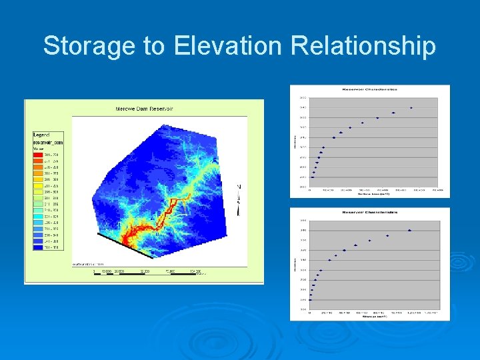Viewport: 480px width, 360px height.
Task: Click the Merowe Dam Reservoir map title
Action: coord(145,108)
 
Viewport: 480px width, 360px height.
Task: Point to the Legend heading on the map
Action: coord(42,135)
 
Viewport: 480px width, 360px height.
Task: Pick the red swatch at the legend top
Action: coord(38,155)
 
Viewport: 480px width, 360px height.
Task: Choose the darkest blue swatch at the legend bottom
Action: coord(38,247)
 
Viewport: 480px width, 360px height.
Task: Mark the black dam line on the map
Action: coord(123,244)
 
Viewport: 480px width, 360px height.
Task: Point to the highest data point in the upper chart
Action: coord(411,107)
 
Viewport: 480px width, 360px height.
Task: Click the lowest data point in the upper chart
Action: coord(311,177)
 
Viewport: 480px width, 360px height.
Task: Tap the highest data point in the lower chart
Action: coord(409,231)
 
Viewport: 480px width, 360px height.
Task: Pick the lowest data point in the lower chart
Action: coord(310,299)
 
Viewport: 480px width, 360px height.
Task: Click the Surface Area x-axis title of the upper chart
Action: coord(371,194)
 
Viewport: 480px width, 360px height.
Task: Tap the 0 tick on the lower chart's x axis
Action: coord(310,313)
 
